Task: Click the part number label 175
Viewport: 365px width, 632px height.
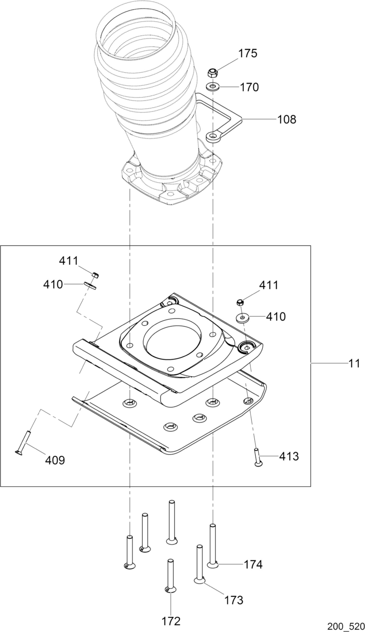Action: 248,53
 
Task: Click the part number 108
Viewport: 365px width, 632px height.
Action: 286,119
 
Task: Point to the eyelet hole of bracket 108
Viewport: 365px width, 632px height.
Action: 214,136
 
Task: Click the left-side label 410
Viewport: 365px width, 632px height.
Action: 53,285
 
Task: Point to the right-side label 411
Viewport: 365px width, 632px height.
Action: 269,286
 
